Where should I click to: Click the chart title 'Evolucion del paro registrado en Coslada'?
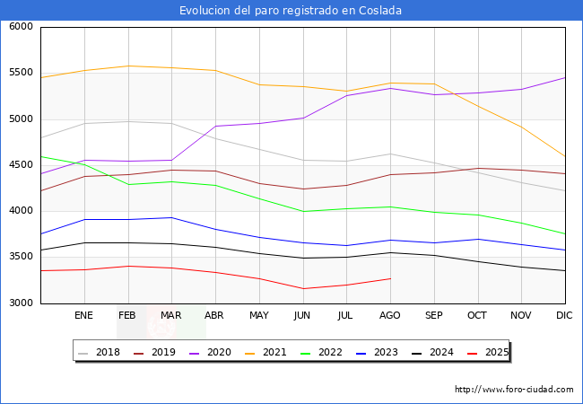coord(291,11)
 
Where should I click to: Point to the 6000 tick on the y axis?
coord(21,27)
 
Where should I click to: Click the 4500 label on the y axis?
coord(21,165)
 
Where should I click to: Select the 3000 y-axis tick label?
coord(21,303)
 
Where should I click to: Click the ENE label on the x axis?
coord(84,316)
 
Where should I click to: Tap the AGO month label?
coord(390,316)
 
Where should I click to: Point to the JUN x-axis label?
coord(302,316)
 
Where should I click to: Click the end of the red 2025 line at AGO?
coord(390,278)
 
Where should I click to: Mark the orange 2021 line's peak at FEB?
coord(128,66)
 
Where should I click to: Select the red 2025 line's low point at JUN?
coord(302,288)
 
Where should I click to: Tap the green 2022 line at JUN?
coord(302,211)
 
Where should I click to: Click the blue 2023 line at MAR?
coord(171,217)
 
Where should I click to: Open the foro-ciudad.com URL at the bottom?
coord(514,390)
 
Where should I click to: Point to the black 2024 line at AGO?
coord(390,252)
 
